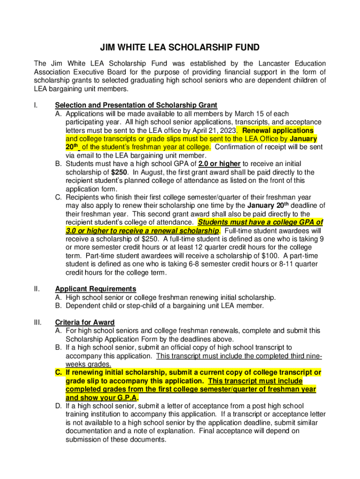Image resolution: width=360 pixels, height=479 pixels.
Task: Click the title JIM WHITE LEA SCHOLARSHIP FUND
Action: pos(180,48)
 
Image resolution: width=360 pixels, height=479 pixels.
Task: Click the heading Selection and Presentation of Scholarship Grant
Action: pos(136,105)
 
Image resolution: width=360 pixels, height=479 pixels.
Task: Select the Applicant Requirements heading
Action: pos(95,289)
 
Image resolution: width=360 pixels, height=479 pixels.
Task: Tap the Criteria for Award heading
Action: pos(85,322)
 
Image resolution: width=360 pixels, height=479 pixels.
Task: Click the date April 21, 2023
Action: pos(214,131)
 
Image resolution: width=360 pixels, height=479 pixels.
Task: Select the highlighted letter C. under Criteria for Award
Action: pos(58,372)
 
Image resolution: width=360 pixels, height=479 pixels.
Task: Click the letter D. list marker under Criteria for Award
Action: pos(58,406)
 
